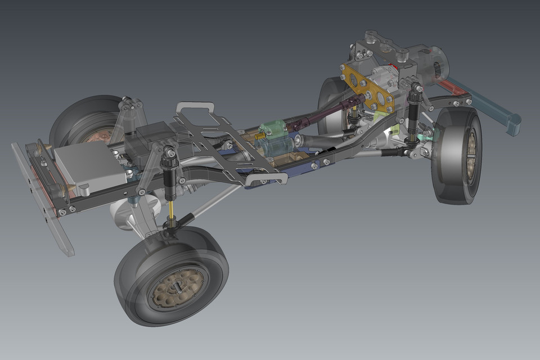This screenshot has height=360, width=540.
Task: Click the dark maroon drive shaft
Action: [x=332, y=110]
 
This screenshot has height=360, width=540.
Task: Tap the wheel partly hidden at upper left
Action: [x=79, y=121]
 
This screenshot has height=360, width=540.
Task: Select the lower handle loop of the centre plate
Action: [x=268, y=179]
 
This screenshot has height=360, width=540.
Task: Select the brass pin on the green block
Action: [x=260, y=136]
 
